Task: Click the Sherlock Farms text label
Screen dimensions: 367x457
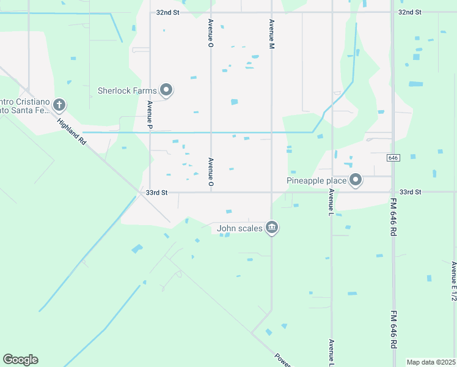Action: [127, 91]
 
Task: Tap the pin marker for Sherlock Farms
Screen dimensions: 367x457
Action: [166, 91]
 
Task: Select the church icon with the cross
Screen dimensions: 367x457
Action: [59, 105]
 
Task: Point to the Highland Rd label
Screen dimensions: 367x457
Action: [72, 131]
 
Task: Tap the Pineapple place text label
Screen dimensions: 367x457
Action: [316, 180]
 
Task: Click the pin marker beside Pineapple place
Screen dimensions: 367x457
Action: [356, 180]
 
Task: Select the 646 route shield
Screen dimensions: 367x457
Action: [393, 158]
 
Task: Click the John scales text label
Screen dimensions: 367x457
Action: [239, 229]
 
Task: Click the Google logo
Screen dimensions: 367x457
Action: [20, 360]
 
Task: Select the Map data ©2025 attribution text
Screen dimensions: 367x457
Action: [431, 362]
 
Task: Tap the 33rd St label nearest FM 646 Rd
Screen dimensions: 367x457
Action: [410, 192]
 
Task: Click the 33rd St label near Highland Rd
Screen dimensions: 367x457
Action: [156, 193]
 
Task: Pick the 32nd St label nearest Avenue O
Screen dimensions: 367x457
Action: [167, 12]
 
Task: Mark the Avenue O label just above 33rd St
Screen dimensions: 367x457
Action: [211, 172]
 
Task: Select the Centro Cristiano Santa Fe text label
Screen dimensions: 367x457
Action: [24, 105]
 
